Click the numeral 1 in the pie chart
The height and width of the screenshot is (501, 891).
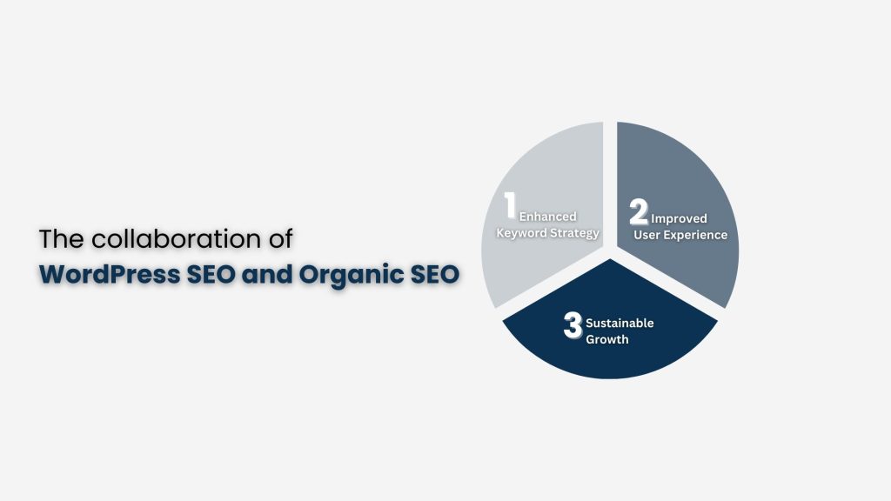point(511,207)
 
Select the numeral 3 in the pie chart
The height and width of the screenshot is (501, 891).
point(573,326)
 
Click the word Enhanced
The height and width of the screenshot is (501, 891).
point(548,217)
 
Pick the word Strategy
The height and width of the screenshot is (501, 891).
point(573,233)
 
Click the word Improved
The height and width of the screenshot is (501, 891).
point(679,218)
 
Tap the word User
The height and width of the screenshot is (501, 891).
point(647,235)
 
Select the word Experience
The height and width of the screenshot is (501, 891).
point(695,235)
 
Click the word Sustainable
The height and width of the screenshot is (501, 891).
point(620,323)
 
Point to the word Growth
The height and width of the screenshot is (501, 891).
point(606,339)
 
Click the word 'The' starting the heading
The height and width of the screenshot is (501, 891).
point(57,240)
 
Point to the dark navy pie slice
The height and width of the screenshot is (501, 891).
point(609,352)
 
